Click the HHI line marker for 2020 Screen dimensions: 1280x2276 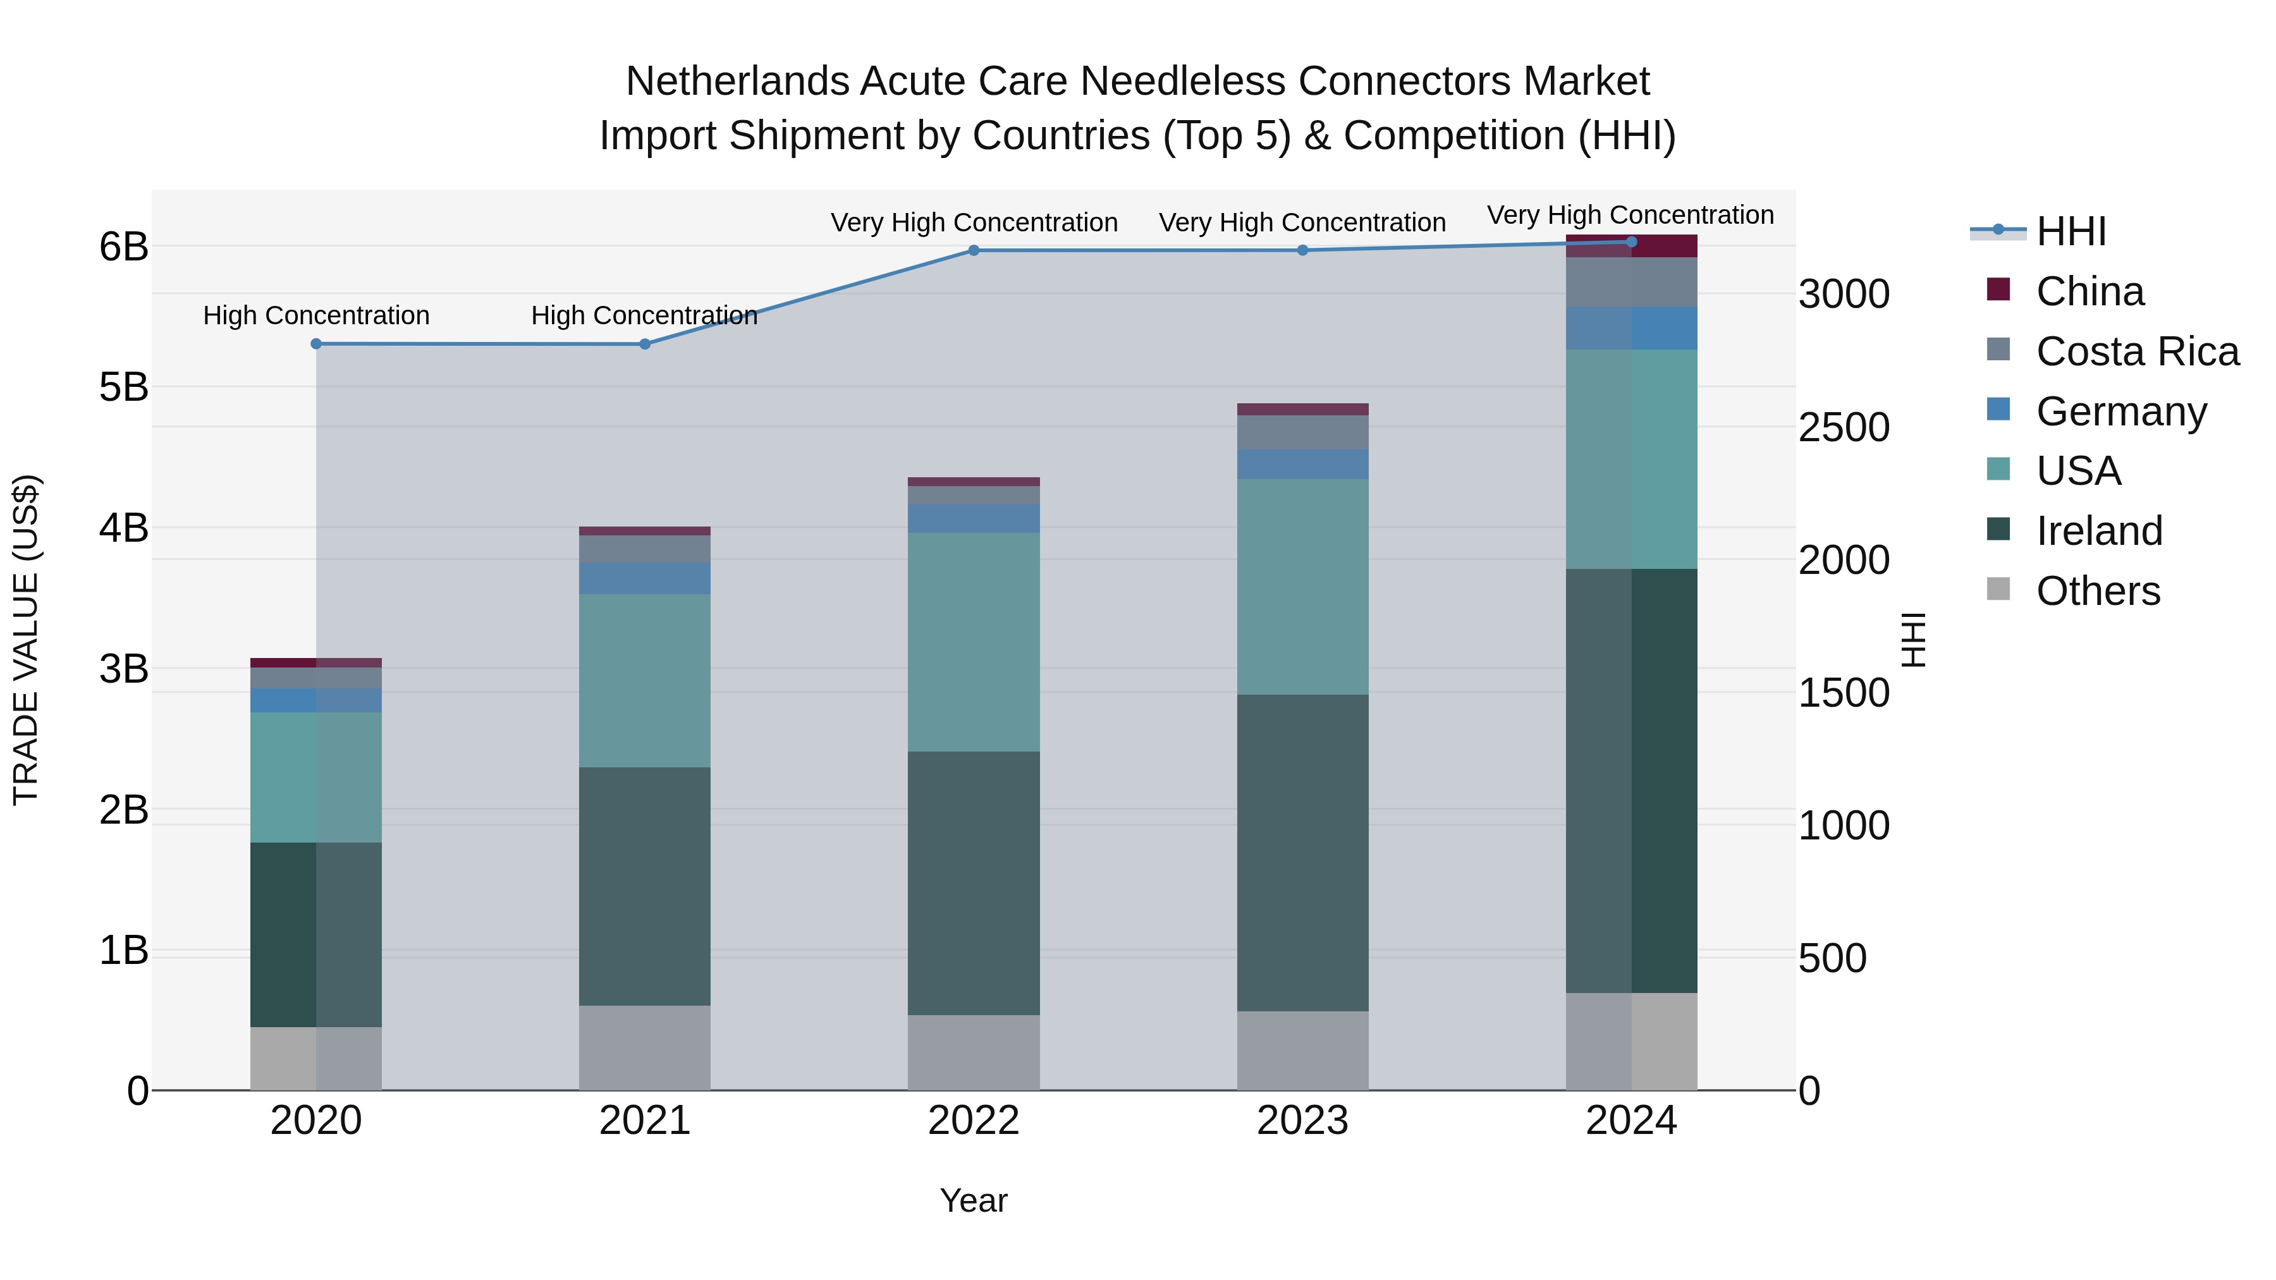(x=316, y=344)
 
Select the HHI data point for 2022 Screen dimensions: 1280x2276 (x=974, y=250)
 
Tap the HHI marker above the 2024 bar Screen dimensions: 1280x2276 (x=1631, y=242)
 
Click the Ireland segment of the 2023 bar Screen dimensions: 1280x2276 (x=1302, y=853)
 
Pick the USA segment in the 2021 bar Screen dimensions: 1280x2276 (x=645, y=680)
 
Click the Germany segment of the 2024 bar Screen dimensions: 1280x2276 (x=1631, y=327)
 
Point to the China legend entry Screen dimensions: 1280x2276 (x=2089, y=291)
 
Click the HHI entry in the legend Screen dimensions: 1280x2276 (x=2070, y=231)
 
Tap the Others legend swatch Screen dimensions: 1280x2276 (x=1998, y=589)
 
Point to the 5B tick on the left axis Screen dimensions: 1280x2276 (x=124, y=387)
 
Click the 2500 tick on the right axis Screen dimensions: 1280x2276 (x=1844, y=427)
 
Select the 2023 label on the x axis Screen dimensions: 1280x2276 (x=1302, y=1121)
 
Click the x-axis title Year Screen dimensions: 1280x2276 (x=974, y=1200)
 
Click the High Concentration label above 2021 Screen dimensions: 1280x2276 (x=644, y=315)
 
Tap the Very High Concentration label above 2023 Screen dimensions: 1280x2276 (x=1302, y=222)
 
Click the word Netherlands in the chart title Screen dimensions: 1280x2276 (x=738, y=82)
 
